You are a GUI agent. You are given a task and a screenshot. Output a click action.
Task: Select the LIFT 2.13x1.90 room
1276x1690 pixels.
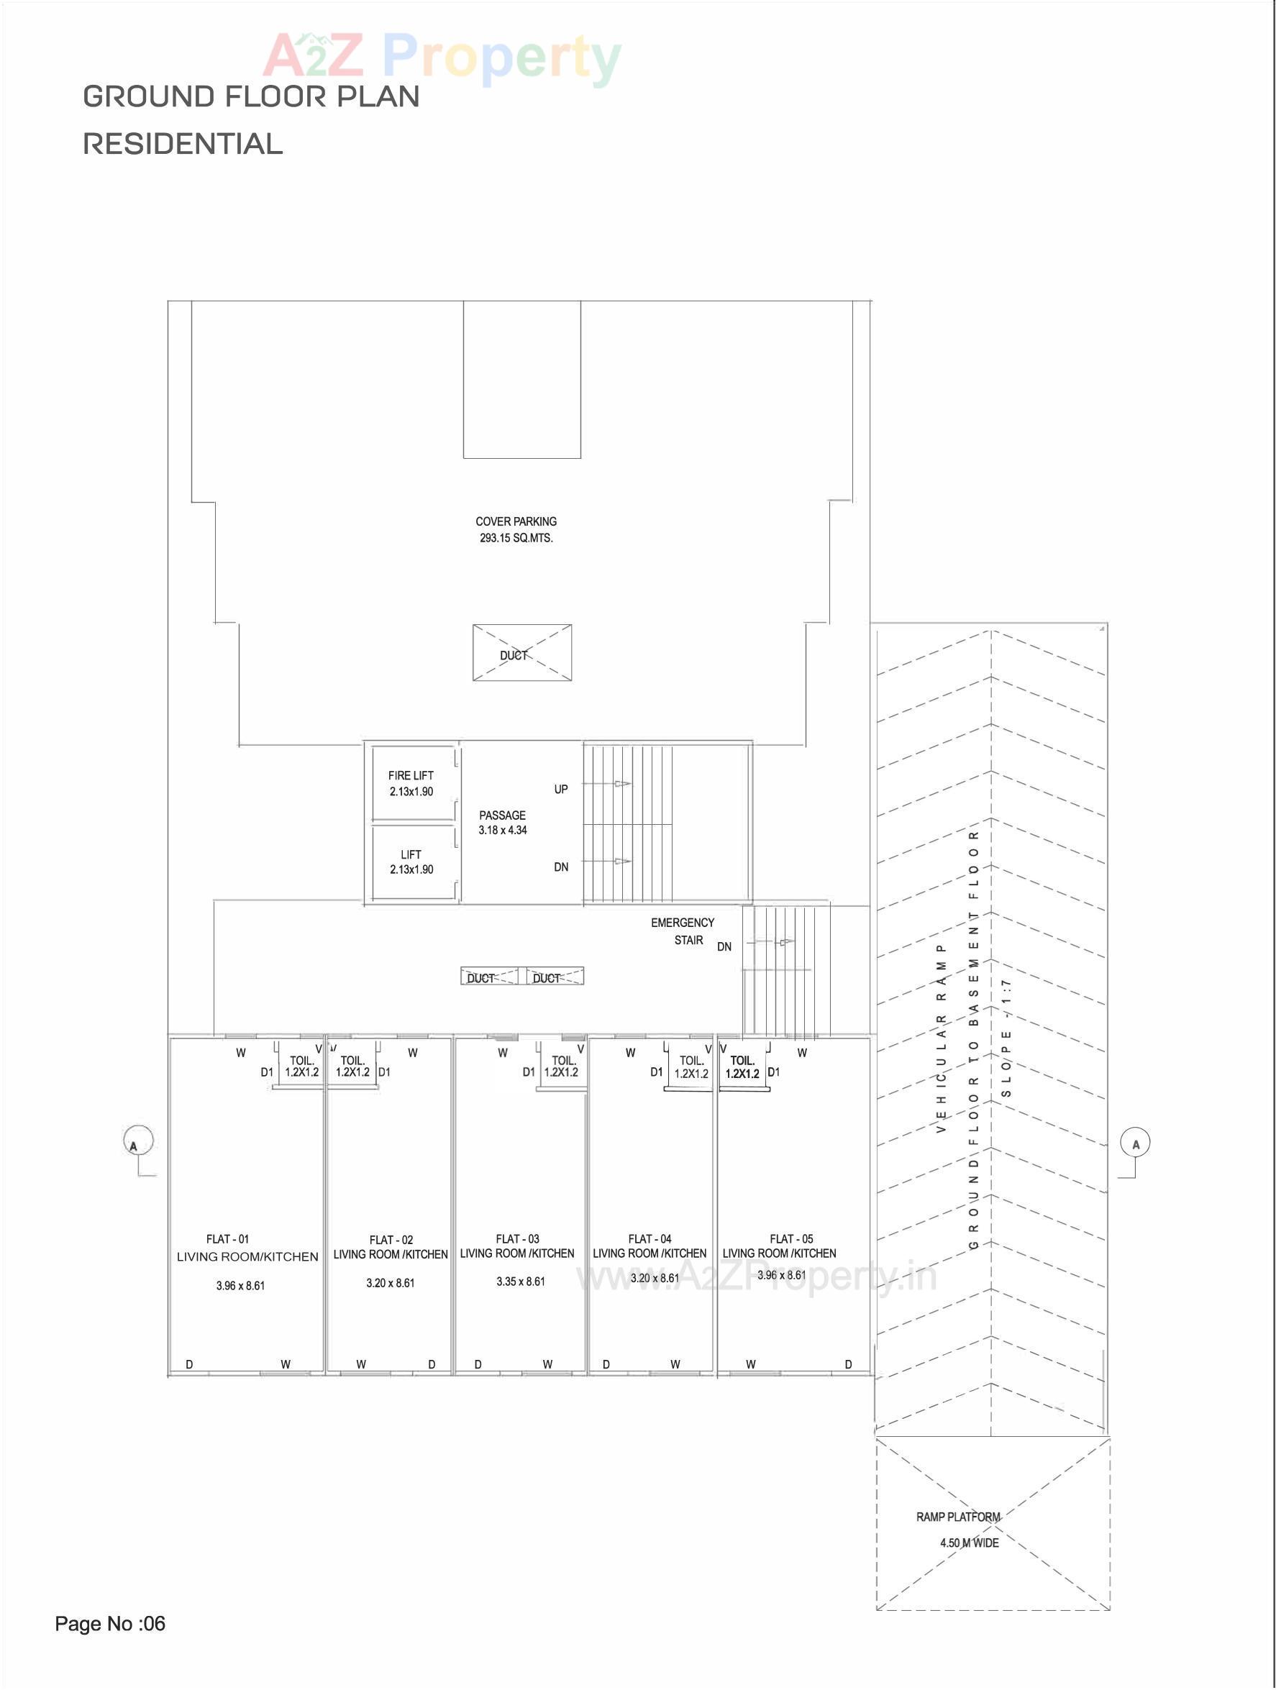(x=411, y=862)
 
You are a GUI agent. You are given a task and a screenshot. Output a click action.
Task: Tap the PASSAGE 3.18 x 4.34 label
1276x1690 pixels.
(x=502, y=823)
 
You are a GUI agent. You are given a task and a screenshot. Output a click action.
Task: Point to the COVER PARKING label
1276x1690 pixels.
(x=516, y=522)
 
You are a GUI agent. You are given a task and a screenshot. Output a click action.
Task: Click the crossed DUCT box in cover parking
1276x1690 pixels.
(x=522, y=653)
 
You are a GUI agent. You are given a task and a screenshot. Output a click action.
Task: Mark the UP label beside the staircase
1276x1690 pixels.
(x=561, y=789)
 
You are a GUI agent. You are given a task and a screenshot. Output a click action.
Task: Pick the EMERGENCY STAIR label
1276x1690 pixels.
(x=683, y=931)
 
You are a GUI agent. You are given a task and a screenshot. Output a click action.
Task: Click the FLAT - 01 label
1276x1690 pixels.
(x=228, y=1239)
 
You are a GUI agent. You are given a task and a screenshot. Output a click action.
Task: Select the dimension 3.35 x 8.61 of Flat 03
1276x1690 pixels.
(x=520, y=1282)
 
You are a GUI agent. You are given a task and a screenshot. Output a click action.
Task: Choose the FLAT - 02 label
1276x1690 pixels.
(x=391, y=1240)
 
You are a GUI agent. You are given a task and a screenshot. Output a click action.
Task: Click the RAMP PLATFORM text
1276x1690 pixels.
(x=957, y=1517)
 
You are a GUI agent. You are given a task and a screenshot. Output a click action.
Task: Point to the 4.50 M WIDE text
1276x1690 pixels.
(x=969, y=1543)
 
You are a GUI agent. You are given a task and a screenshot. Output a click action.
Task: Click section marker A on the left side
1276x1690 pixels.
(x=137, y=1142)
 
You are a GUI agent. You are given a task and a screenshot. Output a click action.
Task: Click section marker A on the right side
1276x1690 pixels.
(x=1136, y=1143)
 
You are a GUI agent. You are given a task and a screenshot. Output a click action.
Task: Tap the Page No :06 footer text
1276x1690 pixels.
(x=110, y=1624)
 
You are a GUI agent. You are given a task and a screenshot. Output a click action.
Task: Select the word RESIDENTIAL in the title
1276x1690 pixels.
(x=183, y=144)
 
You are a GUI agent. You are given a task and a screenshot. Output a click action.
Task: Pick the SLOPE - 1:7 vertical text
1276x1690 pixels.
(x=1006, y=1038)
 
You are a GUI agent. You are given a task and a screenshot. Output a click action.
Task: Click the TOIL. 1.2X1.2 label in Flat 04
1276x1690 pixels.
(x=691, y=1066)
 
